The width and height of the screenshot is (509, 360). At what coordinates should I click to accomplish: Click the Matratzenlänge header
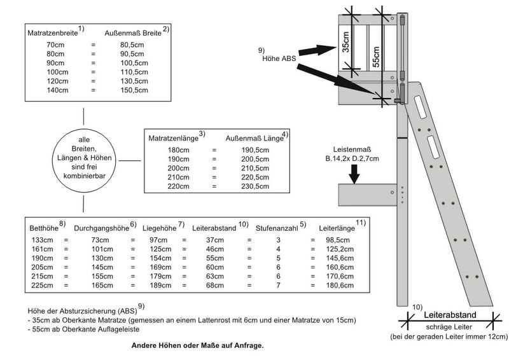[x=174, y=137]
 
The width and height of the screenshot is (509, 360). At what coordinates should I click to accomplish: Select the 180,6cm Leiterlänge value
[x=340, y=286]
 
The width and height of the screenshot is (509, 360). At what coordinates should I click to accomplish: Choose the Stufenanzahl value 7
[x=278, y=286]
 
